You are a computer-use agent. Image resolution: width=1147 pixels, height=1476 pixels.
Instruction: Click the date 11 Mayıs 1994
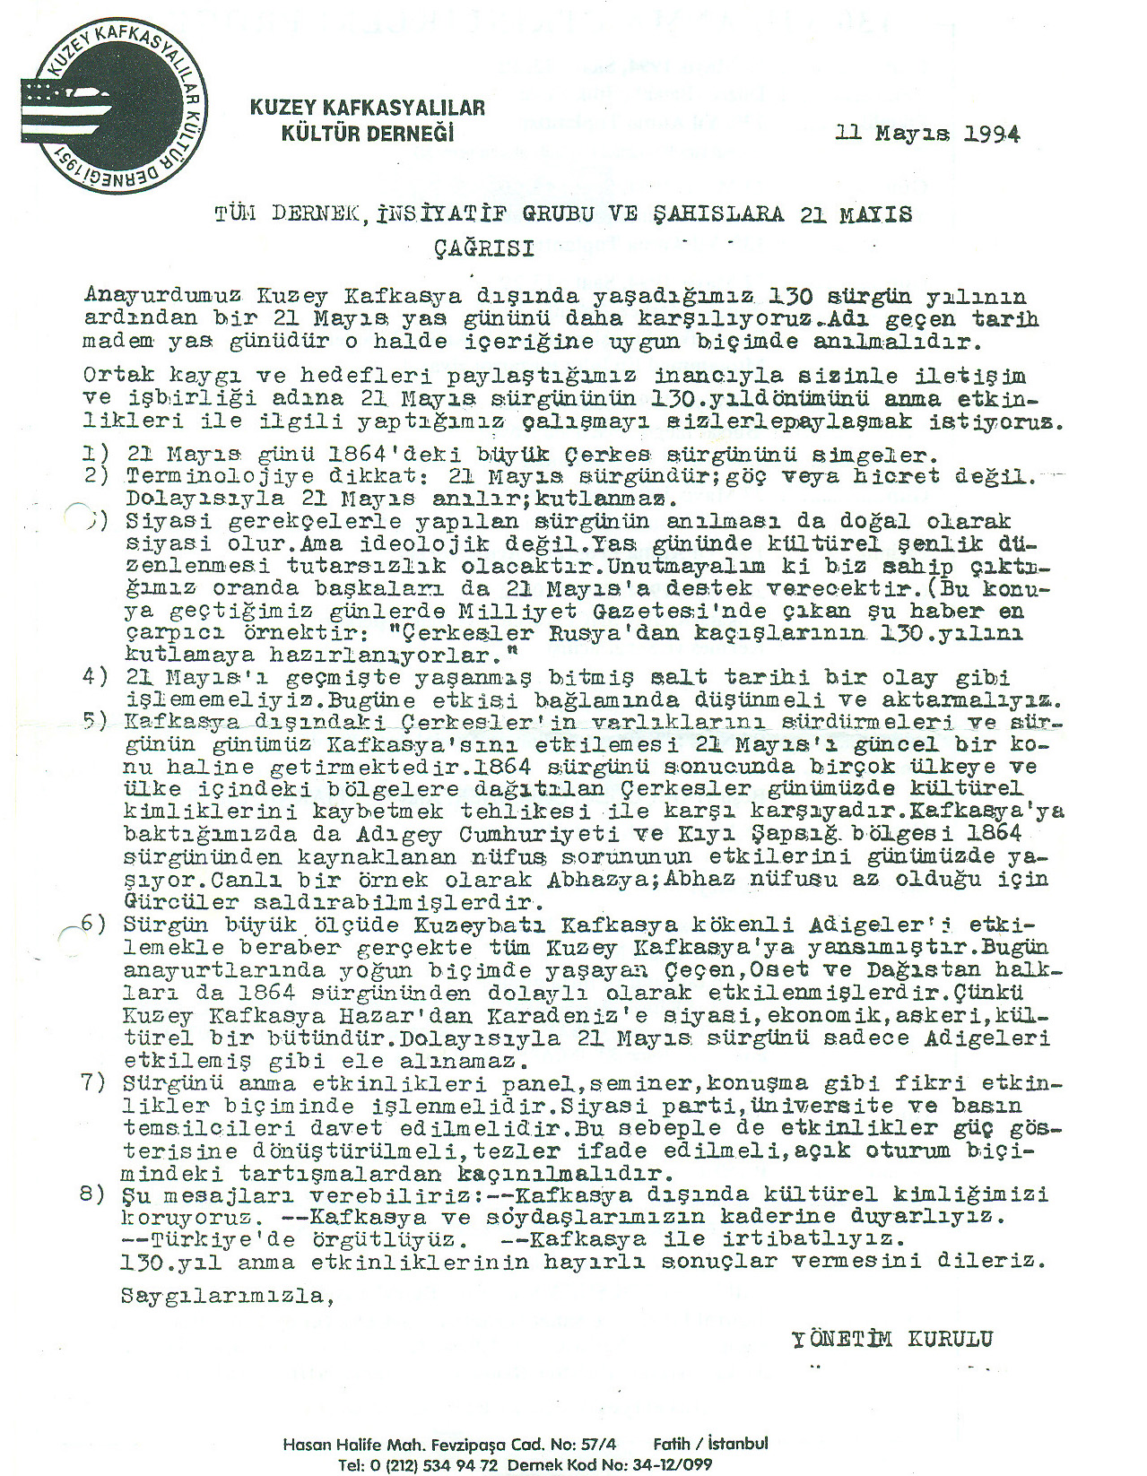click(927, 134)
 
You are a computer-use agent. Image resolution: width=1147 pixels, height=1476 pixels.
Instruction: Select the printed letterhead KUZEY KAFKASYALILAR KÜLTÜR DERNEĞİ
click(367, 120)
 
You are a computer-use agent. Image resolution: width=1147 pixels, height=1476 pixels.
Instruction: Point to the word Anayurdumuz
click(161, 295)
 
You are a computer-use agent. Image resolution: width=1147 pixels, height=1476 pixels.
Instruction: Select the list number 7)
click(93, 1082)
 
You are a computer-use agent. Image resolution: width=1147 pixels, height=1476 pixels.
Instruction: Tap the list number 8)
click(93, 1194)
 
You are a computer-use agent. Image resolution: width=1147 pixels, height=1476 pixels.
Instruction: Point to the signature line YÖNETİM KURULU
click(892, 1339)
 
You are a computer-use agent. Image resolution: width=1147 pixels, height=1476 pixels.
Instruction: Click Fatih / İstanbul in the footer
click(710, 1444)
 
